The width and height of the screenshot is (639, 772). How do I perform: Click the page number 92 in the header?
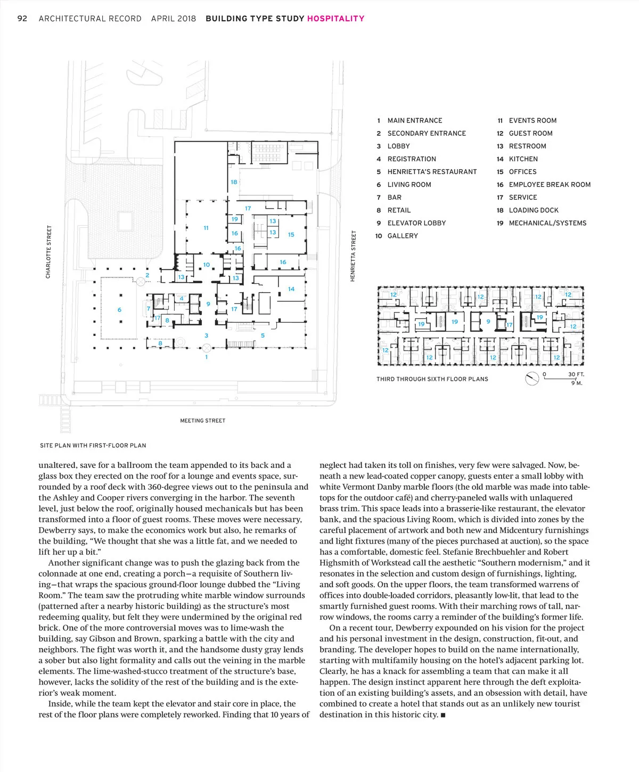(22, 19)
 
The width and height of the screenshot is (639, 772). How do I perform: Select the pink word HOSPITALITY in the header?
(335, 19)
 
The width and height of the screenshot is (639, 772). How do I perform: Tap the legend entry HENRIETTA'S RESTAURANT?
(432, 172)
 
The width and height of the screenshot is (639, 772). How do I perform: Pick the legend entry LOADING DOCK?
(534, 210)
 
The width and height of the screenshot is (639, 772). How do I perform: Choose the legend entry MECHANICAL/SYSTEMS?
(547, 223)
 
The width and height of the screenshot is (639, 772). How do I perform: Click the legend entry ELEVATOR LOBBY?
(416, 223)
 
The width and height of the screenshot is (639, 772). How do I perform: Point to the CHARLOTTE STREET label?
(49, 252)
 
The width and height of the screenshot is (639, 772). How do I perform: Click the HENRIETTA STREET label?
(353, 256)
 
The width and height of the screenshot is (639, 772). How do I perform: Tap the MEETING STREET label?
(202, 421)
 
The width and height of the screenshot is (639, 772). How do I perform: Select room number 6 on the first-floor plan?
(119, 310)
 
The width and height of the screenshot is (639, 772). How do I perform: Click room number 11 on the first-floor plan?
(206, 228)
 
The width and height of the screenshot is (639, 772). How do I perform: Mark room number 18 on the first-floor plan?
(234, 182)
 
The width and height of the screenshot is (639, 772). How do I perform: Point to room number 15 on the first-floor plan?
(291, 234)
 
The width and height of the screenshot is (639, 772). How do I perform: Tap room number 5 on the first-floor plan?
(263, 336)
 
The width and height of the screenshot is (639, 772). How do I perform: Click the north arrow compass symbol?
(532, 379)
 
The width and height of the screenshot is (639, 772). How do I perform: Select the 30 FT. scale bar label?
(576, 375)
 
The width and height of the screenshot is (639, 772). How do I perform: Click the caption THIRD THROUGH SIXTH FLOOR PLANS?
(432, 379)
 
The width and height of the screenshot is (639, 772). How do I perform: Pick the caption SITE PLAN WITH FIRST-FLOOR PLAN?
(93, 445)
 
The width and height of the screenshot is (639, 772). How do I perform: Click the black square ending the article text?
(443, 715)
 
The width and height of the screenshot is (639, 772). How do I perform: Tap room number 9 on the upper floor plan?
(488, 322)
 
